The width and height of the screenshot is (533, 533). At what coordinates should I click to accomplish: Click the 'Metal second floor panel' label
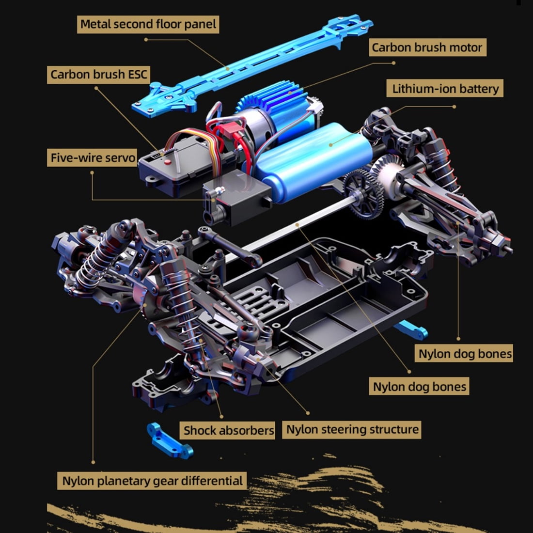click(148, 25)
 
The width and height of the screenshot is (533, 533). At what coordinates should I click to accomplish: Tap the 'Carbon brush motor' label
click(427, 47)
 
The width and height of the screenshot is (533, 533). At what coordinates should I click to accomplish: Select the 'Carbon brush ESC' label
click(98, 75)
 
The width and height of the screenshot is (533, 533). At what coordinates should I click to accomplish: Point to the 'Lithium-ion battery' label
click(445, 89)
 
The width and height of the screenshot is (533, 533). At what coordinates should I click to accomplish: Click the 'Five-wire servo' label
click(92, 158)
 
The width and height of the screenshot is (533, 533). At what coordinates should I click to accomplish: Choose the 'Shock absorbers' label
click(227, 430)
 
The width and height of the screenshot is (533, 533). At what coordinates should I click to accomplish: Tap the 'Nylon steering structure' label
click(352, 429)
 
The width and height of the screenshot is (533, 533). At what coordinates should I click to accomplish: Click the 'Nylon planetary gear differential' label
click(152, 481)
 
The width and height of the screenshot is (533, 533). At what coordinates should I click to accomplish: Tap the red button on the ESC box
click(167, 162)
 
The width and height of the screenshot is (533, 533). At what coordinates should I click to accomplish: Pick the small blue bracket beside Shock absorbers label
click(170, 440)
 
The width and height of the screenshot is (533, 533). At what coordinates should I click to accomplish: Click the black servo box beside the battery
click(238, 197)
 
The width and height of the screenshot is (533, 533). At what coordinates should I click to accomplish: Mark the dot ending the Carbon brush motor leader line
click(393, 63)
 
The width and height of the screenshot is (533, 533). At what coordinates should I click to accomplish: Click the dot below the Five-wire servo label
click(92, 172)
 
